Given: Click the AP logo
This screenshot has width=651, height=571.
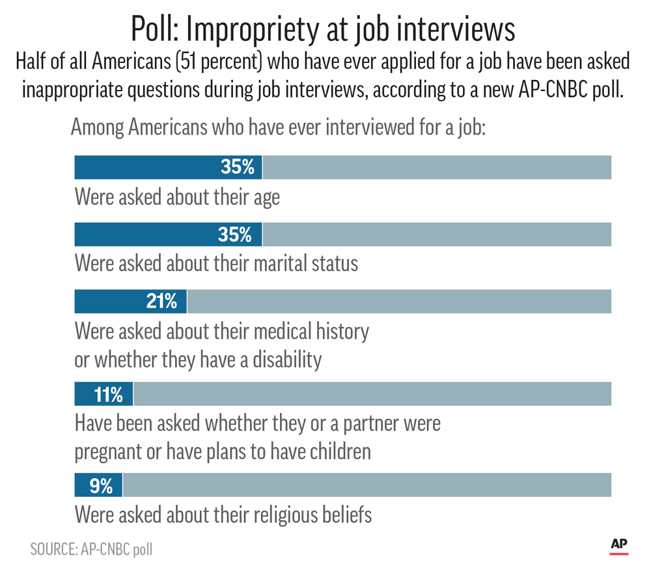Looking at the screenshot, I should pos(618,546).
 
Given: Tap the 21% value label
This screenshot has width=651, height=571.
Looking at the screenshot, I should pos(161,301).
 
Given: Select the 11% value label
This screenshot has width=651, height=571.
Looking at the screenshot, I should pos(107,394).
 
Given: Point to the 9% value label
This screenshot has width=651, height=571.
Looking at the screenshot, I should pos(102,485).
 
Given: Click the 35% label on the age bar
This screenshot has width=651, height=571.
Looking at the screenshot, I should pos(237,167).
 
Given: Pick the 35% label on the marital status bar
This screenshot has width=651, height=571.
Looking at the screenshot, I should pos(237,234).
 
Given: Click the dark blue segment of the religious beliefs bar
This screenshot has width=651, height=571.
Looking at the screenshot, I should pos(98,485).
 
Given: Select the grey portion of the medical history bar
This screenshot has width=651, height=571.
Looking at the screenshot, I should pos(398,301).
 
